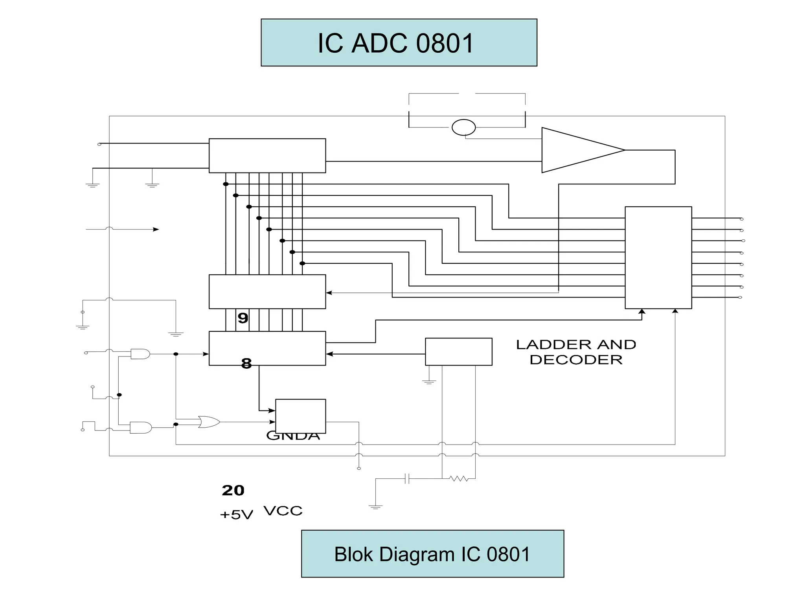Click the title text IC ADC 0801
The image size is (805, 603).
click(395, 43)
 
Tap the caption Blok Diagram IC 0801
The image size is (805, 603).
click(432, 554)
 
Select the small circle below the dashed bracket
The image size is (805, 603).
click(463, 127)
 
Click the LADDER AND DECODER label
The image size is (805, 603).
click(576, 352)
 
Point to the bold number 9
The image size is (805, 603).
click(243, 318)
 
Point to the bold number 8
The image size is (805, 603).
click(246, 364)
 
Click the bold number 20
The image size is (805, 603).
click(233, 490)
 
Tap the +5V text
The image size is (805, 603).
click(236, 515)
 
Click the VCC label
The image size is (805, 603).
click(283, 511)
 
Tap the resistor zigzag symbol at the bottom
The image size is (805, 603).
click(459, 478)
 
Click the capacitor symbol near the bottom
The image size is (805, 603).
click(407, 478)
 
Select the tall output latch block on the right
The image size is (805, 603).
click(658, 257)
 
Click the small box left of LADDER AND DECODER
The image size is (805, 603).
click(458, 351)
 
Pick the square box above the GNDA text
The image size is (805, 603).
click(300, 416)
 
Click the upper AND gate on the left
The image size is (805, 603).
click(140, 354)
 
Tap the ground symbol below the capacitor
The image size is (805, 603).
click(375, 507)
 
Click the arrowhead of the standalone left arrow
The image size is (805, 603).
click(156, 229)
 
